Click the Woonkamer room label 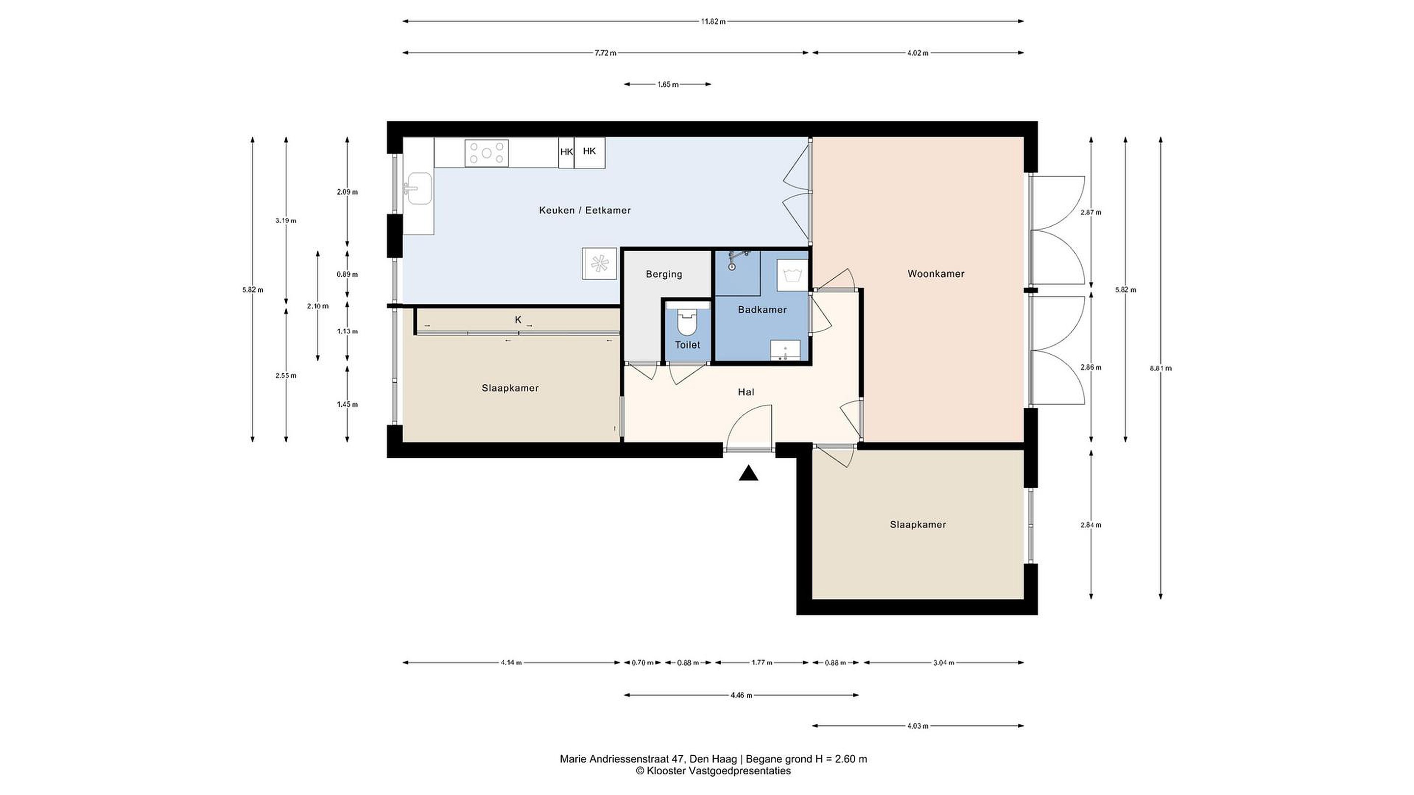pos(935,274)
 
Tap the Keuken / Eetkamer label pos(585,210)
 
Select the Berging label pos(664,274)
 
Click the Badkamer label pos(762,310)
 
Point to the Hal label pos(746,392)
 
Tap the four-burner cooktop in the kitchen pos(487,153)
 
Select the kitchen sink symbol pos(419,188)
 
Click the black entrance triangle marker pos(748,473)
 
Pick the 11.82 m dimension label pos(713,22)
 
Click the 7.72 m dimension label pos(605,53)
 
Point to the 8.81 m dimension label pos(1160,368)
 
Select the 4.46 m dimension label pos(741,695)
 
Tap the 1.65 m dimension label pos(668,84)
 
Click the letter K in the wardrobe pos(518,320)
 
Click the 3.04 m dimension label pos(944,663)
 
